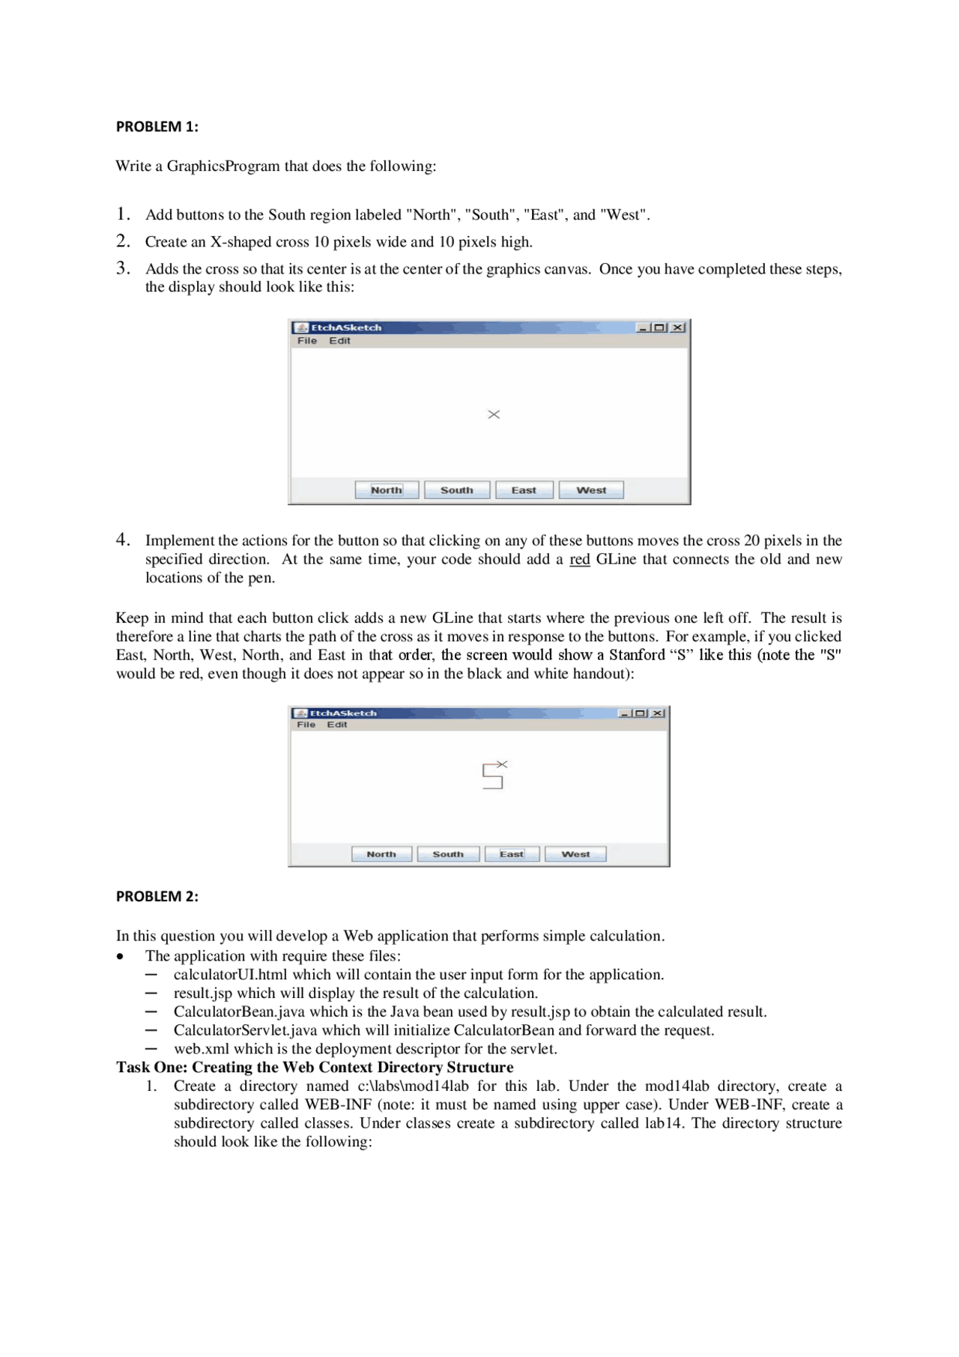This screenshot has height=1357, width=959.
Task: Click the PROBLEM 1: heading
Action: pos(157,127)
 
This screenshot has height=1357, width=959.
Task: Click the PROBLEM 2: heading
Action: pos(157,896)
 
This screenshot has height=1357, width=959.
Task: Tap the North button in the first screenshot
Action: pos(387,490)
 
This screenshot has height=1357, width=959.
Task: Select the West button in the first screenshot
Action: pos(591,490)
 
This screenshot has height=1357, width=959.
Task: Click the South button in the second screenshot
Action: pos(448,854)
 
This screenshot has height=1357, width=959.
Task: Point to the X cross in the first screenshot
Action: pos(494,414)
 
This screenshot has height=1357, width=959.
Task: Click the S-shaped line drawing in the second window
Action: pos(492,776)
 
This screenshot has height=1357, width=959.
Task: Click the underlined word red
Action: pos(579,559)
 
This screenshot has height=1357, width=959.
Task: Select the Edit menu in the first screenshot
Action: pos(339,341)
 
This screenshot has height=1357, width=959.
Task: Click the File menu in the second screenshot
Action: pos(306,725)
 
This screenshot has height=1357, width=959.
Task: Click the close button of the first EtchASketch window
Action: pos(677,327)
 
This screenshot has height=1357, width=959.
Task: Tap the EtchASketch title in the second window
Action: pos(343,713)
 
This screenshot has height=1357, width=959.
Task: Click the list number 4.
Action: pos(123,540)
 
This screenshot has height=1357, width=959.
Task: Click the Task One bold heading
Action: pos(314,1067)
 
